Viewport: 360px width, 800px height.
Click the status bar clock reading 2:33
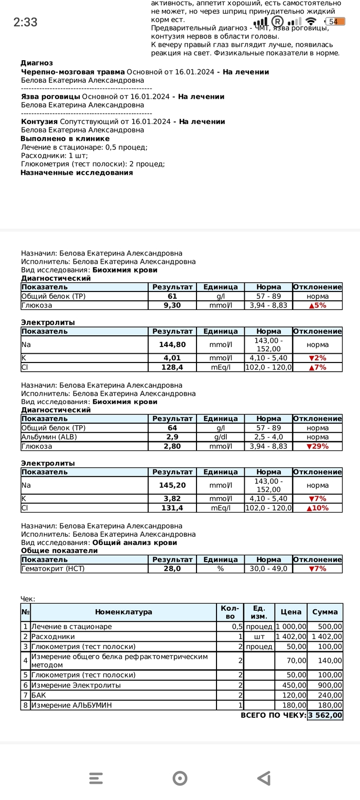click(25, 22)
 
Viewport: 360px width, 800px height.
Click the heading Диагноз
click(37, 63)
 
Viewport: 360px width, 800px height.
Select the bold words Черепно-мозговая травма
click(73, 72)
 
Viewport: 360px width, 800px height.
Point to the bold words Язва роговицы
click(50, 97)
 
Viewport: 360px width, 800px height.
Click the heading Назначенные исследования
click(77, 173)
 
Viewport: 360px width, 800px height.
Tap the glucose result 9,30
click(172, 305)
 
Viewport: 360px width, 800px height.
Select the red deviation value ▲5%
click(317, 305)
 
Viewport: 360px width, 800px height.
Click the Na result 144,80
click(172, 345)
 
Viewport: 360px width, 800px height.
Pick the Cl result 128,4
click(172, 367)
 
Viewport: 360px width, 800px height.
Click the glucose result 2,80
click(172, 446)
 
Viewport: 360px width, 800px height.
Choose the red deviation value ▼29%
click(317, 446)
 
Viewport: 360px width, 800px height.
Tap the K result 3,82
click(172, 499)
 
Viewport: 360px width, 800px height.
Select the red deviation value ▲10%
click(317, 508)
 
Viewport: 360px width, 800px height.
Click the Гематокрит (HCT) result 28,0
click(172, 569)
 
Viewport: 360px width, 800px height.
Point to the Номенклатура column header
click(123, 612)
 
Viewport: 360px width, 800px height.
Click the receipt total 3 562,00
click(325, 715)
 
